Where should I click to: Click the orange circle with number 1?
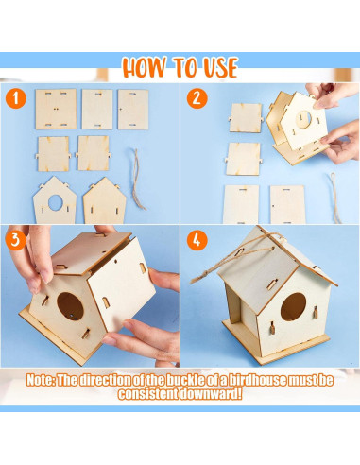[x=15, y=98]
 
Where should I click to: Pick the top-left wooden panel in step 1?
[x=55, y=109]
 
